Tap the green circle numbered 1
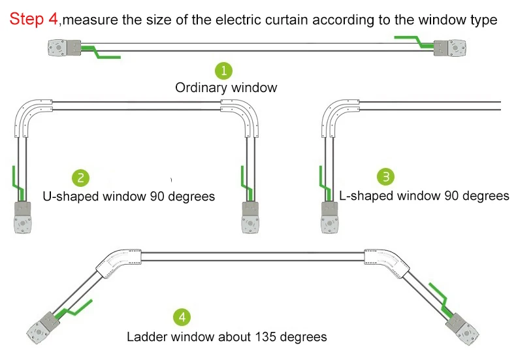(224, 70)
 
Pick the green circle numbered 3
(386, 176)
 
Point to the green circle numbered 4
(182, 318)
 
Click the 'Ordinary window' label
(226, 88)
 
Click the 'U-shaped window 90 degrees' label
(129, 196)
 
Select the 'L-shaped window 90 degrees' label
(424, 195)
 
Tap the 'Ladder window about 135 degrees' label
(227, 337)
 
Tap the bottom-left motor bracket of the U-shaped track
(24, 217)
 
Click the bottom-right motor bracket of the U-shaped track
(252, 217)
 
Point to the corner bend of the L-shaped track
(338, 114)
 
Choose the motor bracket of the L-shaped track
(331, 217)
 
